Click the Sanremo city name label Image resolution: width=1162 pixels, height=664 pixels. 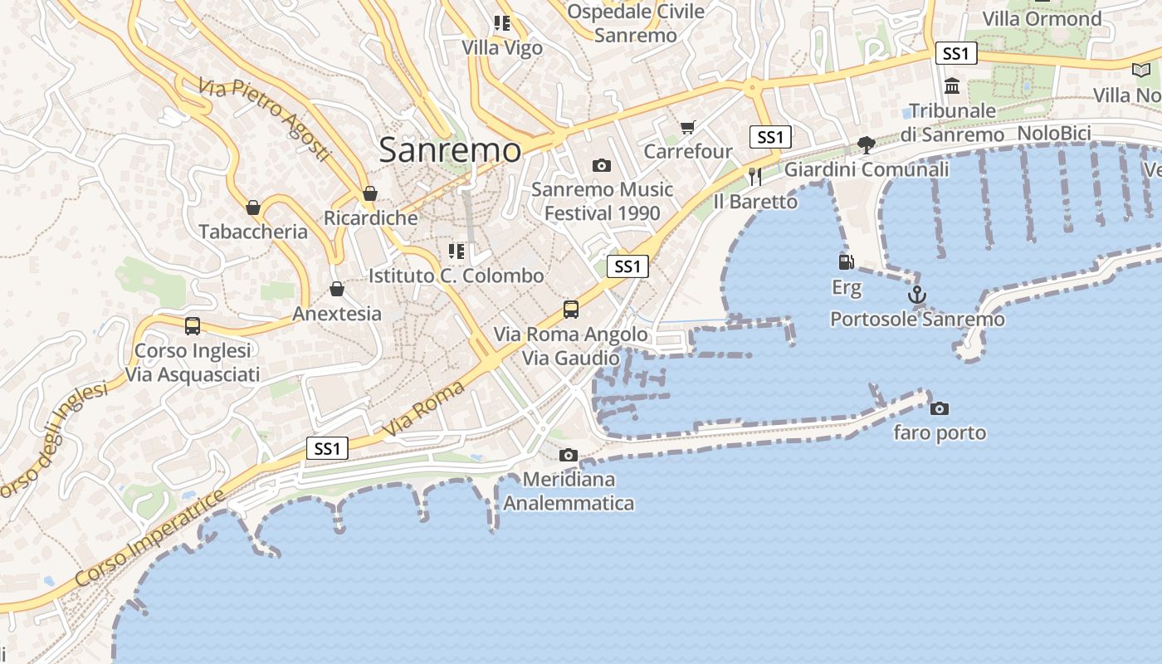[x=450, y=150]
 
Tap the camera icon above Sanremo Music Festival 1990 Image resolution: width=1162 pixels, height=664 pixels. [x=602, y=166]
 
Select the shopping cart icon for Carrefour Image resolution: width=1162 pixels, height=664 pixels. [x=687, y=127]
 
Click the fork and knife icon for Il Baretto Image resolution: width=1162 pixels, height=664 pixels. [x=754, y=176]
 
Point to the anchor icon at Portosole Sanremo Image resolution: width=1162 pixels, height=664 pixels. [x=917, y=295]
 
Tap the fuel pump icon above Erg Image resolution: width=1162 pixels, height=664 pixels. [x=847, y=262]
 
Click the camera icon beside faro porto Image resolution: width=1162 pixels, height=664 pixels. [x=940, y=408]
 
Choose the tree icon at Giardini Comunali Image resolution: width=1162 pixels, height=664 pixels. [x=866, y=145]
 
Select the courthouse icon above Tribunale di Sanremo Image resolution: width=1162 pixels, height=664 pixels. [x=952, y=85]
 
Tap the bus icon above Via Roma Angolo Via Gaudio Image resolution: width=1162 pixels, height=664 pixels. [x=571, y=310]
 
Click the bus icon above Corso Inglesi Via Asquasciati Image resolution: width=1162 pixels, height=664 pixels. [x=193, y=326]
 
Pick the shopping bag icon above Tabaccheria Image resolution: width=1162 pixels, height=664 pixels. [x=253, y=207]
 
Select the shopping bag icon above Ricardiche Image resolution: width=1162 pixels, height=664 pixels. [x=370, y=194]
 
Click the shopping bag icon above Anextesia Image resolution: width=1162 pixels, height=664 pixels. [x=337, y=290]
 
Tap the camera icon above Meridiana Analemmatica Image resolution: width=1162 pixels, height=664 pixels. [x=569, y=455]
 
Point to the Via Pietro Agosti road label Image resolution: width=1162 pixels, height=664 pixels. [x=264, y=119]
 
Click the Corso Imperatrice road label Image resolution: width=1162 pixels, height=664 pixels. [x=149, y=538]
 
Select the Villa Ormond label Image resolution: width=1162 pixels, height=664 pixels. [x=1042, y=18]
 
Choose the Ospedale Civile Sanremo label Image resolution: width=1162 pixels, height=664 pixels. [x=636, y=23]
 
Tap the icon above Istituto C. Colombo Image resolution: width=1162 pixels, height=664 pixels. [x=456, y=251]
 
